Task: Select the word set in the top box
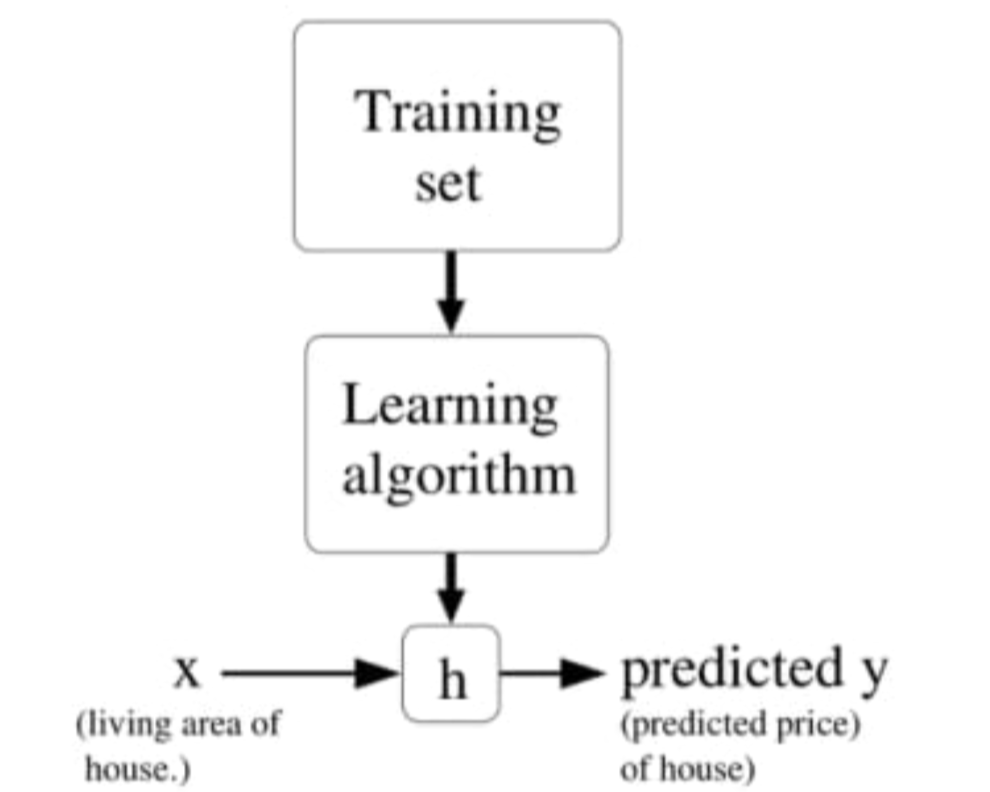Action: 447,183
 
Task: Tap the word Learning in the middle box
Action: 450,405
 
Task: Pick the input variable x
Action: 186,672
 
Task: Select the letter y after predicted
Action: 873,674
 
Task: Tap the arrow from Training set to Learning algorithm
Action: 451,290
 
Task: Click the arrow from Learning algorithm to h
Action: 451,588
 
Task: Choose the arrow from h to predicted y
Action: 551,673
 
